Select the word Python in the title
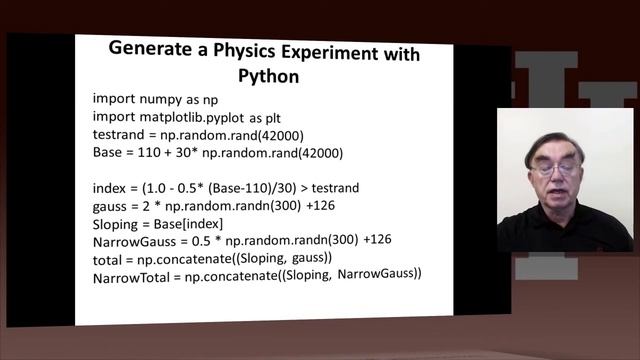[264, 76]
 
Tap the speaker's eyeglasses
[554, 170]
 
